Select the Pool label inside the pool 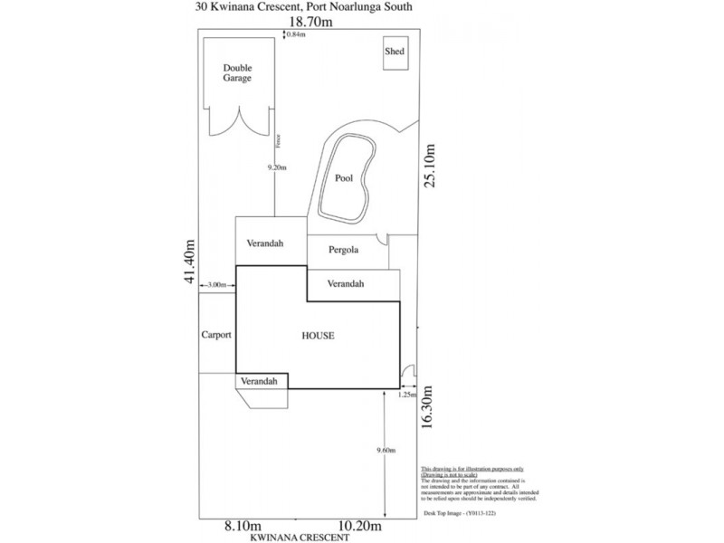344,178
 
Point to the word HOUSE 318,336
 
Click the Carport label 216,335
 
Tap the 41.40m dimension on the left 190,262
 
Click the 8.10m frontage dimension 243,526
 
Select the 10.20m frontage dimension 359,526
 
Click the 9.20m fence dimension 277,167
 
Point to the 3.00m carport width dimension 216,285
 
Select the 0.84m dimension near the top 296,34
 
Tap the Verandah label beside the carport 259,382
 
